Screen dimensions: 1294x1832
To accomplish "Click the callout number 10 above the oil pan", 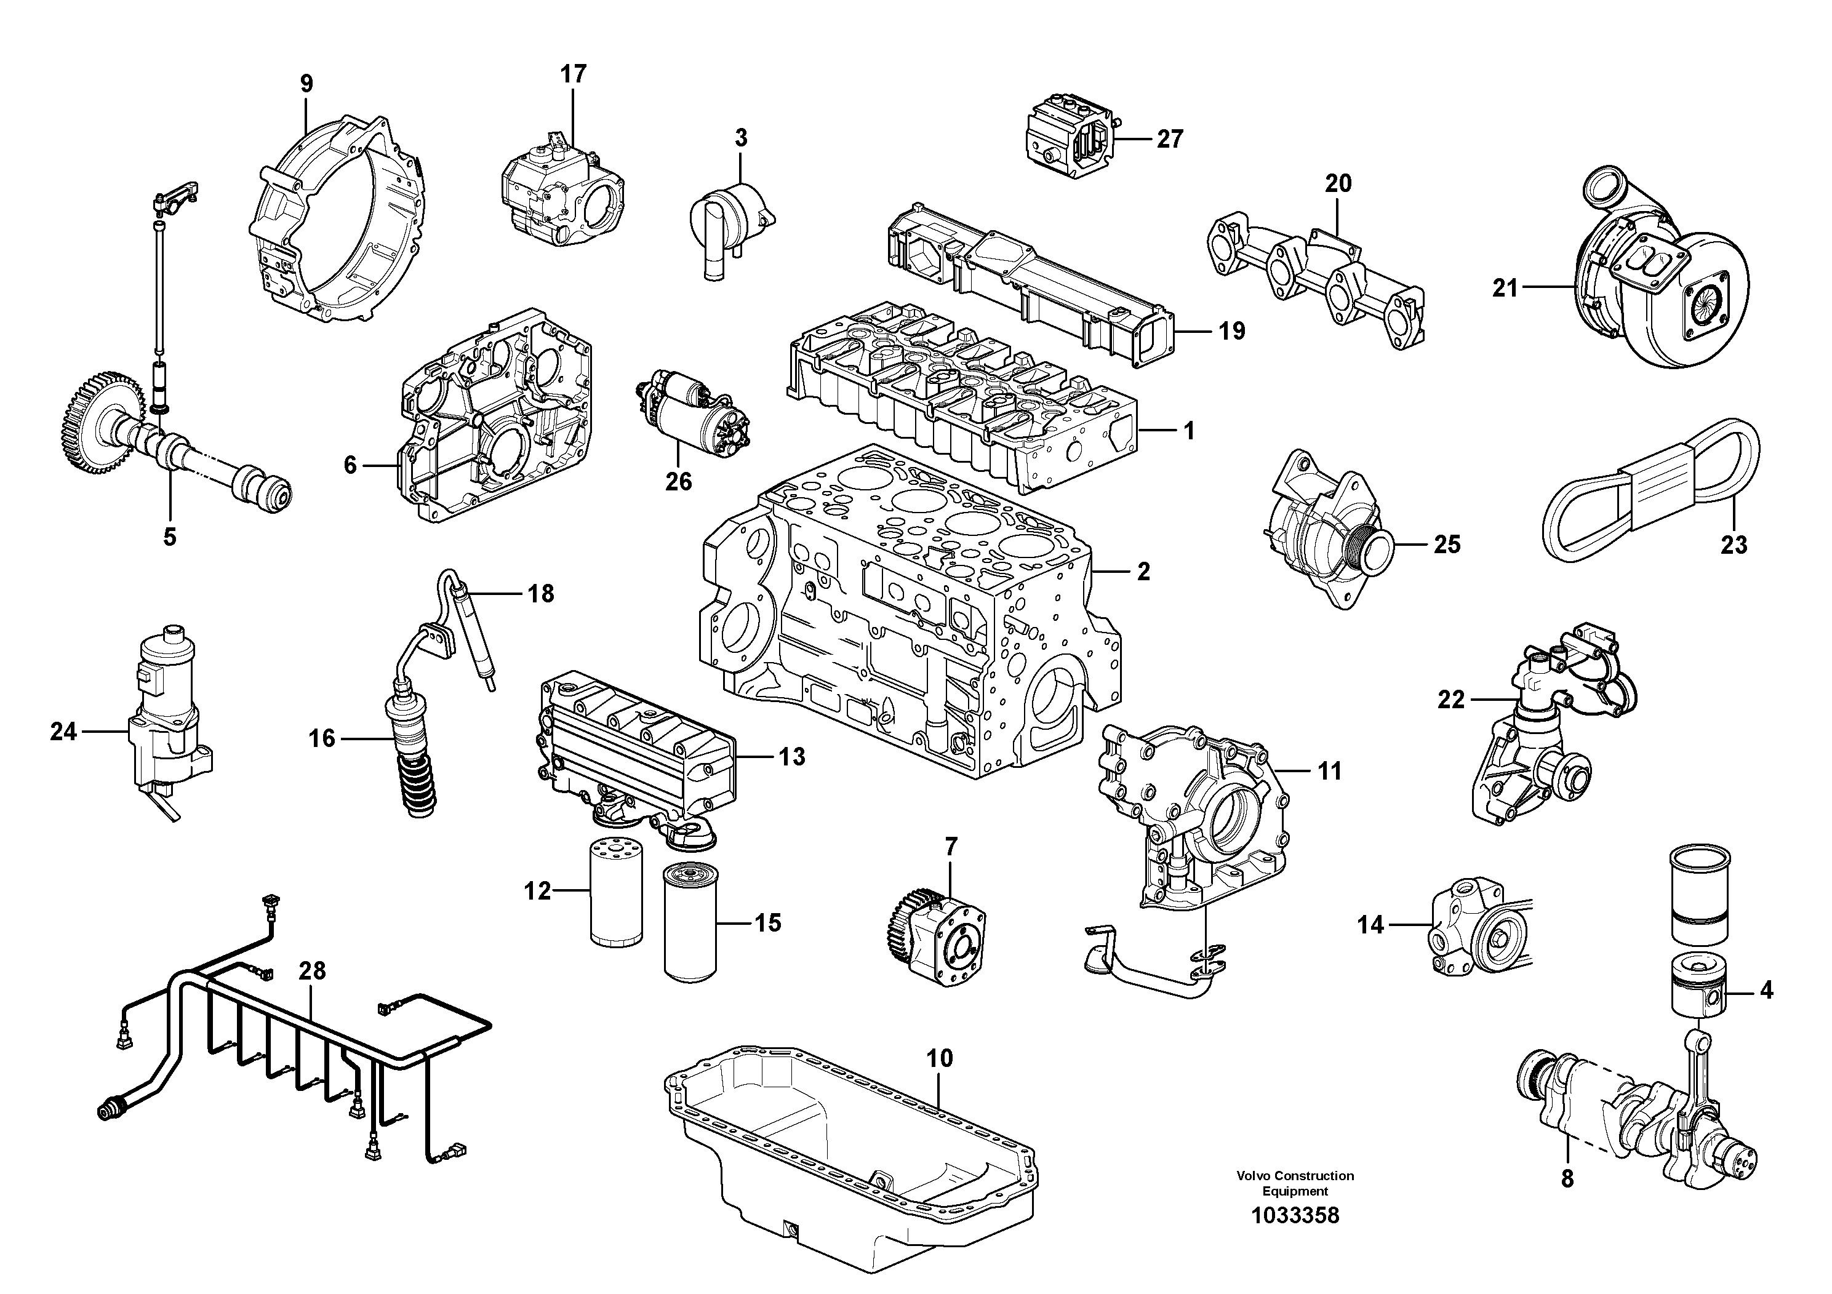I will click(940, 1059).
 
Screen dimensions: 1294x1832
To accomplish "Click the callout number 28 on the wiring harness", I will click(312, 971).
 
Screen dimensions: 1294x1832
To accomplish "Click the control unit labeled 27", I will click(1068, 140).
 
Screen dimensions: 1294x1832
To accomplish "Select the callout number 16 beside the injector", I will click(322, 739).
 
